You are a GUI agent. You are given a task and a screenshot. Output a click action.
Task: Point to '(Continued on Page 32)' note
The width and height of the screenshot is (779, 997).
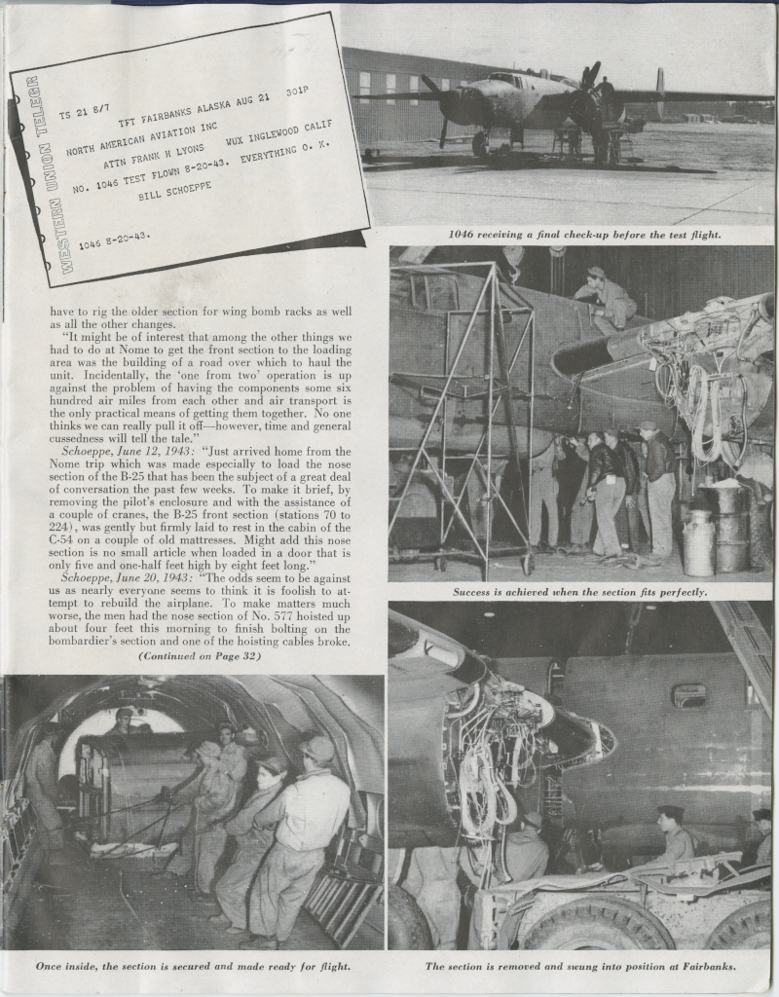tap(199, 656)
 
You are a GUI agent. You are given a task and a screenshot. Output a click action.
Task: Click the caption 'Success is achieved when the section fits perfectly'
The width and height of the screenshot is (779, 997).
tap(579, 592)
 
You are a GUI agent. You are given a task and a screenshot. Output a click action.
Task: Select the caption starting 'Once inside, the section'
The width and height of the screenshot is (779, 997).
tap(193, 967)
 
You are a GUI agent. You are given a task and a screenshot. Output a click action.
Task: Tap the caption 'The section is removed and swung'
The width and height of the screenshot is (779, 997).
tap(580, 967)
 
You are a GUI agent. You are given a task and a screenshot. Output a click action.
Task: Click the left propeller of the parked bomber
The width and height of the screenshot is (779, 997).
tap(441, 105)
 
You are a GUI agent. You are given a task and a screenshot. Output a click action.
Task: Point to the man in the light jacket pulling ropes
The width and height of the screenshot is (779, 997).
tap(304, 828)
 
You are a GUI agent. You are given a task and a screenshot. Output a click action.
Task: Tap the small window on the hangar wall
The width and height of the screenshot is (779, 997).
tap(689, 695)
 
